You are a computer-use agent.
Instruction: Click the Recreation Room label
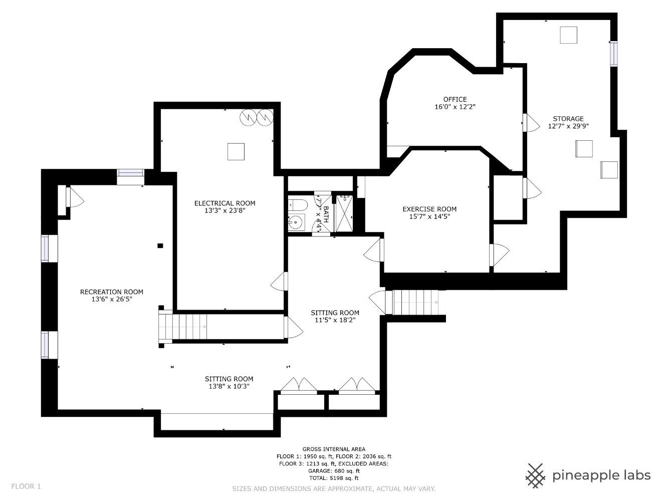click(x=112, y=292)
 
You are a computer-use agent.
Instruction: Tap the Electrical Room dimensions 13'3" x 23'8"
click(x=225, y=210)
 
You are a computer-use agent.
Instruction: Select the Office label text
click(x=455, y=99)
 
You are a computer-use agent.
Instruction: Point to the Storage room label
click(x=568, y=119)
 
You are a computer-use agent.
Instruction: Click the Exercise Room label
click(x=429, y=209)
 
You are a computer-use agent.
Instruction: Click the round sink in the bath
click(x=296, y=222)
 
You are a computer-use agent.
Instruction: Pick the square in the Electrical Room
click(x=236, y=151)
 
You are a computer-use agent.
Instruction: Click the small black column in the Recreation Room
click(x=160, y=246)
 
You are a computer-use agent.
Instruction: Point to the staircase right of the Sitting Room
click(x=415, y=303)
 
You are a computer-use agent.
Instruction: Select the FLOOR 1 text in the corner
click(x=26, y=486)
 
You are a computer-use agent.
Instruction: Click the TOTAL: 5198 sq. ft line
click(x=334, y=478)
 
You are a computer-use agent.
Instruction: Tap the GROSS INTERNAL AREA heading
click(x=334, y=449)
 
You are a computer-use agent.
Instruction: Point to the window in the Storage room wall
click(x=614, y=54)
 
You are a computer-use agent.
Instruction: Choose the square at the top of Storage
click(x=568, y=35)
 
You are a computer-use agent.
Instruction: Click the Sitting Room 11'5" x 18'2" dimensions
click(x=335, y=320)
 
